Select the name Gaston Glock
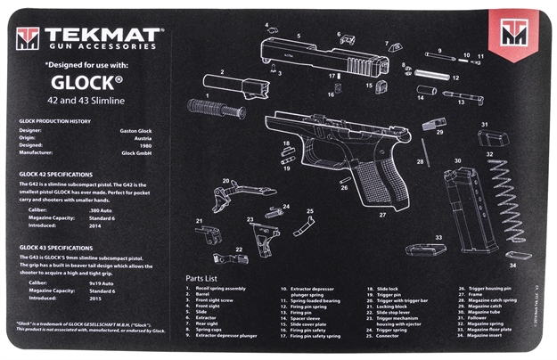click(144, 130)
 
